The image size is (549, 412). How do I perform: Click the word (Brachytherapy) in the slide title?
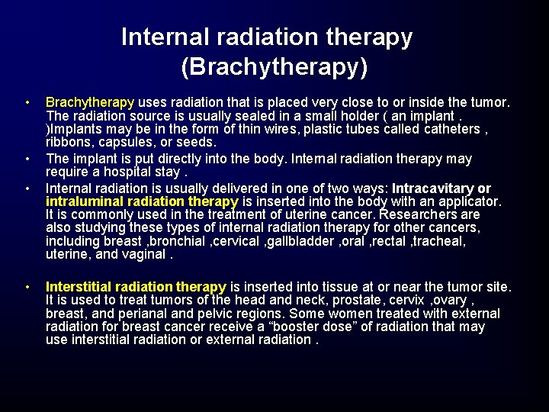pos(274,67)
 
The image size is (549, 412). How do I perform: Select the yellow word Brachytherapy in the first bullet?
pos(90,101)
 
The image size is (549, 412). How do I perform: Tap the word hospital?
pos(115,172)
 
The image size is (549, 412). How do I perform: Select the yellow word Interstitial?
pos(80,287)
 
